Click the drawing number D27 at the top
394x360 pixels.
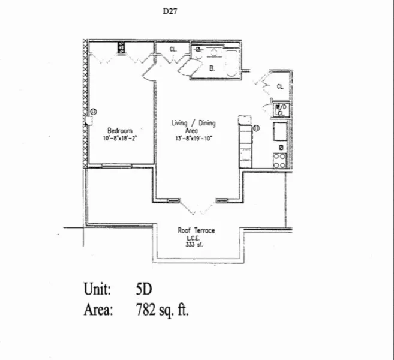click(x=170, y=11)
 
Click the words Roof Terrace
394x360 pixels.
click(x=196, y=230)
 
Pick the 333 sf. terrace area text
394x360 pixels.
click(x=196, y=244)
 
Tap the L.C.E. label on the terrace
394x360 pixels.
click(x=196, y=237)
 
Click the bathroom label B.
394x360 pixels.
click(x=212, y=68)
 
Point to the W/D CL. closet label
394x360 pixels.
click(x=280, y=110)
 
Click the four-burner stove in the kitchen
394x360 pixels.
click(x=279, y=160)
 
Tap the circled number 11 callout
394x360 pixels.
click(x=255, y=127)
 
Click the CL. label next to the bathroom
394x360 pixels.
click(x=173, y=49)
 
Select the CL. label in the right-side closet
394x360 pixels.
click(x=280, y=86)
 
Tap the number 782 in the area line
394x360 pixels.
click(x=148, y=310)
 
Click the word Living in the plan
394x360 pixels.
click(x=180, y=124)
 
